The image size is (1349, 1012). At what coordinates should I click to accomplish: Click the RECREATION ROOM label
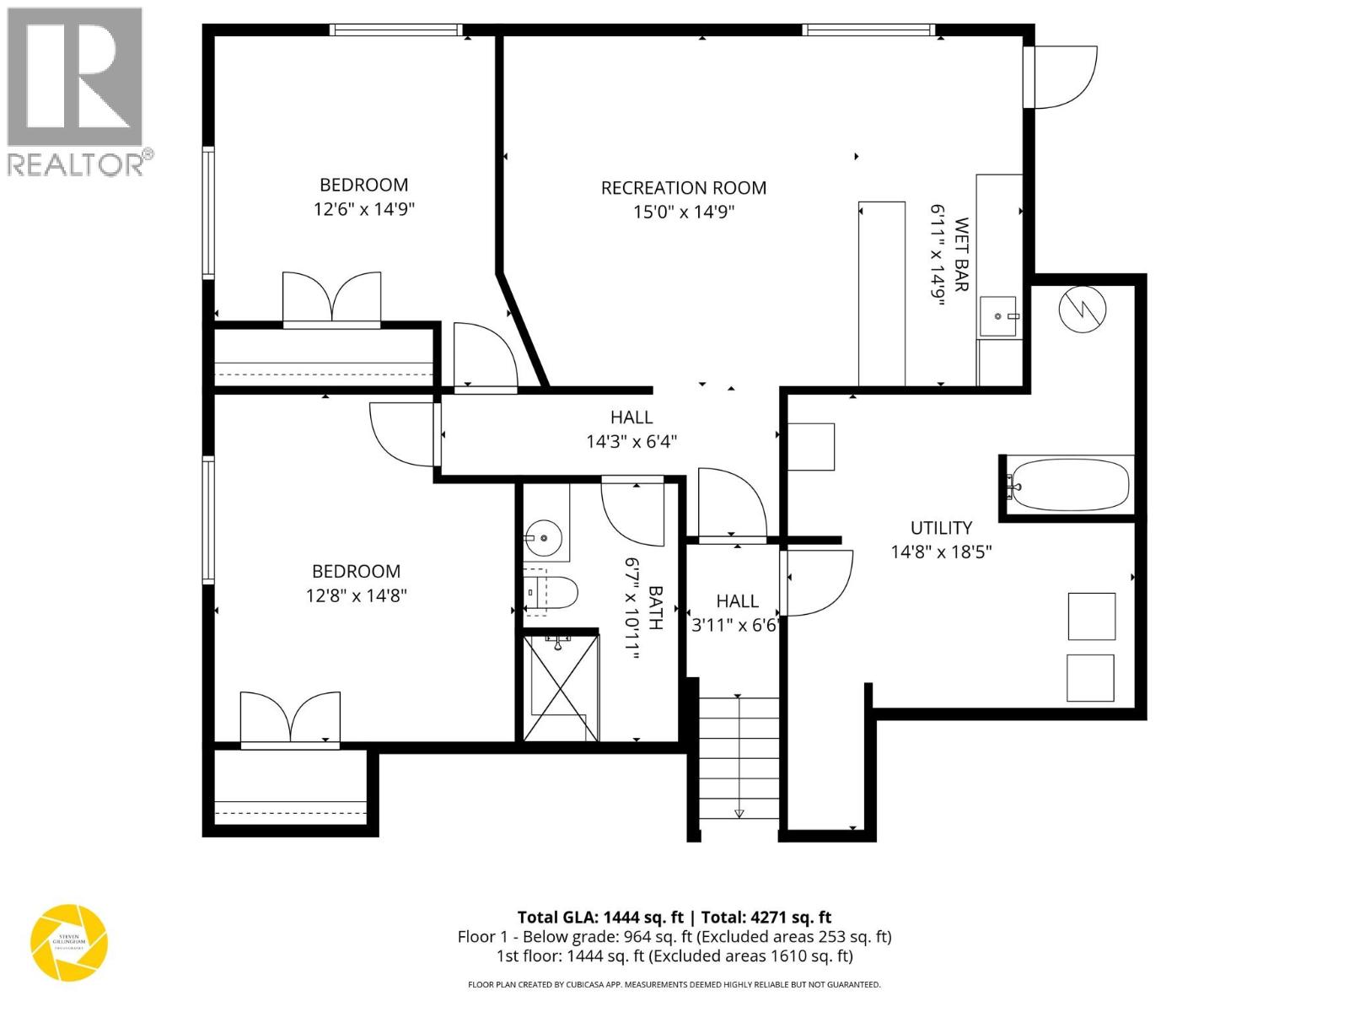pyautogui.click(x=683, y=188)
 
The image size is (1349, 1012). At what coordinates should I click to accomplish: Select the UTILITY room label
pyautogui.click(x=941, y=528)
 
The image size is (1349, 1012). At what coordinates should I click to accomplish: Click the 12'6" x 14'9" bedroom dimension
pyautogui.click(x=364, y=209)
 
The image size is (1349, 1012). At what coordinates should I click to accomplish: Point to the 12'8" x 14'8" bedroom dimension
pyautogui.click(x=357, y=595)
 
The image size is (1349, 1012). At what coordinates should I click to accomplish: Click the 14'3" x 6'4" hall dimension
pyautogui.click(x=632, y=441)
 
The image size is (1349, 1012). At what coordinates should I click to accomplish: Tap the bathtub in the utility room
pyautogui.click(x=1069, y=485)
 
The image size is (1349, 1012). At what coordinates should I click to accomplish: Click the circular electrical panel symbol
pyautogui.click(x=1082, y=310)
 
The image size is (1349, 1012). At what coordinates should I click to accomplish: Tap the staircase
pyautogui.click(x=739, y=756)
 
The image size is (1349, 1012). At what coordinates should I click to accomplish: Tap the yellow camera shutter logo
pyautogui.click(x=69, y=942)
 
